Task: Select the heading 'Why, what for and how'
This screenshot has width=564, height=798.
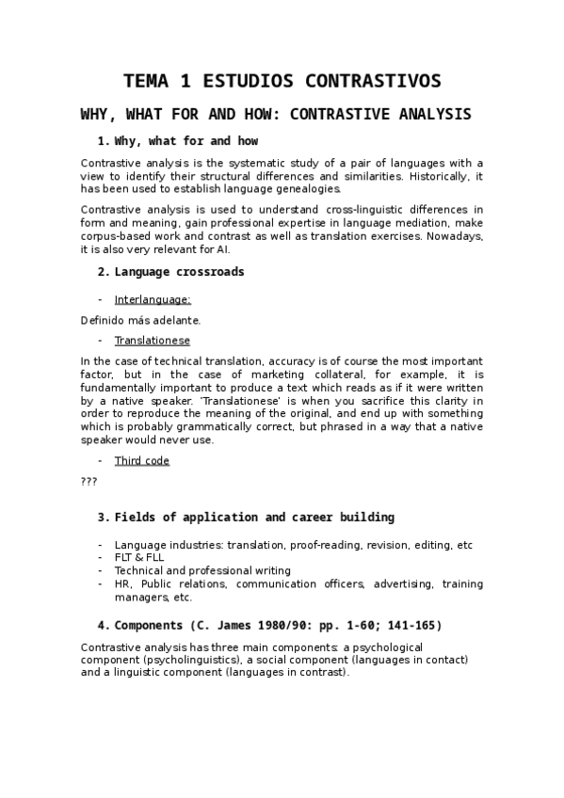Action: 185,141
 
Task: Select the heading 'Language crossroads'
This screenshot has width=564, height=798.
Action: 179,272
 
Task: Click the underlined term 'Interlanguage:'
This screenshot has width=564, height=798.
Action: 153,299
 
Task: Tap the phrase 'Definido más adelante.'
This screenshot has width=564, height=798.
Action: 140,320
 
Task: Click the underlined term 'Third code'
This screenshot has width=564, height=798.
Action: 141,460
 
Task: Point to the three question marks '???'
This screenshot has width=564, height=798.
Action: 89,481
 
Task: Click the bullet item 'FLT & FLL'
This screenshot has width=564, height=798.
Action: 138,557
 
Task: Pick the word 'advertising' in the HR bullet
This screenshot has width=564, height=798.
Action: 403,583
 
